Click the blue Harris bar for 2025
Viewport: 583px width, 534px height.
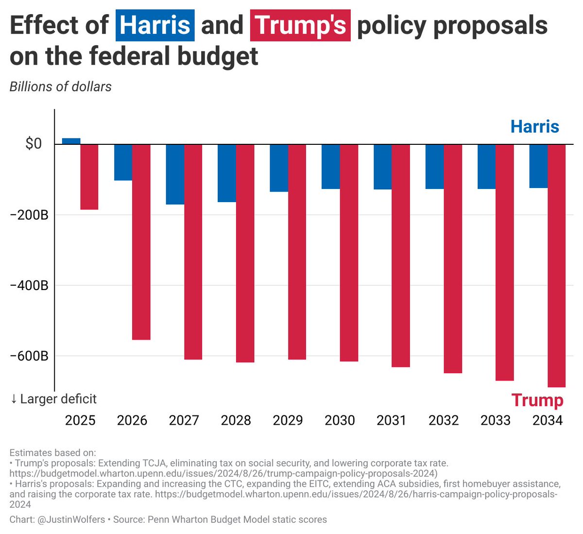(x=71, y=141)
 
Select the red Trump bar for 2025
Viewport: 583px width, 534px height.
(x=89, y=177)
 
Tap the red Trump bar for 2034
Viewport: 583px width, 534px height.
(x=557, y=265)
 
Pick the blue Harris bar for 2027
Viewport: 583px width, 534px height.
(x=175, y=174)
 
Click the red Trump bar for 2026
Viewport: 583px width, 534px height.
(x=141, y=241)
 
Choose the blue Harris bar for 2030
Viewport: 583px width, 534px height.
(x=331, y=166)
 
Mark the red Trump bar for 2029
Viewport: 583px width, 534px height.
(x=297, y=252)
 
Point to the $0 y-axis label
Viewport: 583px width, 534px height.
(x=34, y=144)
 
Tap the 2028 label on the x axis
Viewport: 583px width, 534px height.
(x=236, y=420)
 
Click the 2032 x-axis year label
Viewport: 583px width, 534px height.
(x=444, y=420)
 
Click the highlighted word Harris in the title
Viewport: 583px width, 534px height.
(x=155, y=25)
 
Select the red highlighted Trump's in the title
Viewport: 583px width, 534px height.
(x=300, y=25)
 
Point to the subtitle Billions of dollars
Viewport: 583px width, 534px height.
(x=60, y=86)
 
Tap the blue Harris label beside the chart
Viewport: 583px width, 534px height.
(x=534, y=127)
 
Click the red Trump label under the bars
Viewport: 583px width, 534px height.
(x=537, y=400)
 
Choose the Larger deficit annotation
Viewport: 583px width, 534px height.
(x=53, y=399)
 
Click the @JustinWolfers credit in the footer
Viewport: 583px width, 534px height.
(x=71, y=519)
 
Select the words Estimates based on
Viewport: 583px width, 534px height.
(x=52, y=453)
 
